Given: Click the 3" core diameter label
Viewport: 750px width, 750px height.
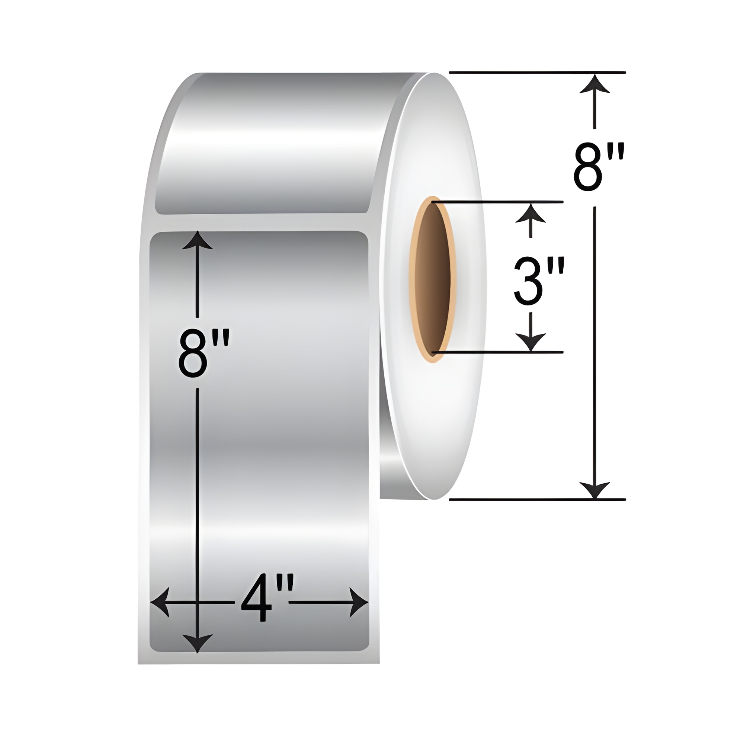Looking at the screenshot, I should [538, 282].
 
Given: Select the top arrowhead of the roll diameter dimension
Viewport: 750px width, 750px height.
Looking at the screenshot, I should [594, 83].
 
